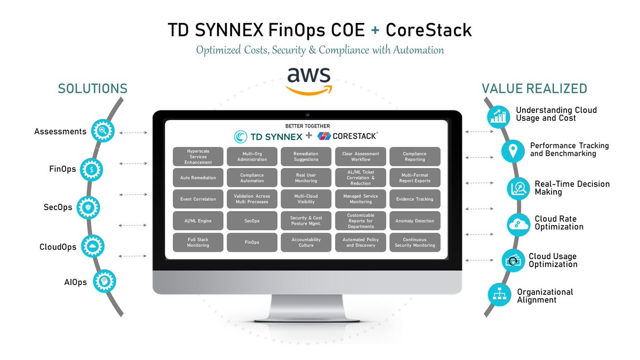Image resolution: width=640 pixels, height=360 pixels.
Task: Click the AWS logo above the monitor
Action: point(308,81)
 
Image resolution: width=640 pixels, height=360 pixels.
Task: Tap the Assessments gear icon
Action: point(102,130)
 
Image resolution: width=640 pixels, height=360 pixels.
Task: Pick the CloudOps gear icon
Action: point(93,246)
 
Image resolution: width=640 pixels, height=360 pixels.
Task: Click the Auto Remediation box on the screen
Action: point(198,178)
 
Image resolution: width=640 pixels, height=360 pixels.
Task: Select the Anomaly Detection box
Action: point(414,221)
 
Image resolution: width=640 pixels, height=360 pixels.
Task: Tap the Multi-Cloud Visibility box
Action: point(306,199)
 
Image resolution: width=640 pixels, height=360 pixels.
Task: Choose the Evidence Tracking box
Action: point(414,199)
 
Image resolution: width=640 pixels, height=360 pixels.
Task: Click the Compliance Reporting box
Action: point(414,156)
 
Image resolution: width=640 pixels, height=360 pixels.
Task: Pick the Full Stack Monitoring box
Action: point(198,242)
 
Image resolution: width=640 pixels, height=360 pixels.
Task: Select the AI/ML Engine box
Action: point(198,221)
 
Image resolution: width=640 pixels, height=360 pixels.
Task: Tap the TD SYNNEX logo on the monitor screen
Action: point(268,137)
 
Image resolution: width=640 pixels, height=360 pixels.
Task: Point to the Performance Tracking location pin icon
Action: point(513,151)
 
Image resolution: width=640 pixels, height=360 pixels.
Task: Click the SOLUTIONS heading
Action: point(93,89)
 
